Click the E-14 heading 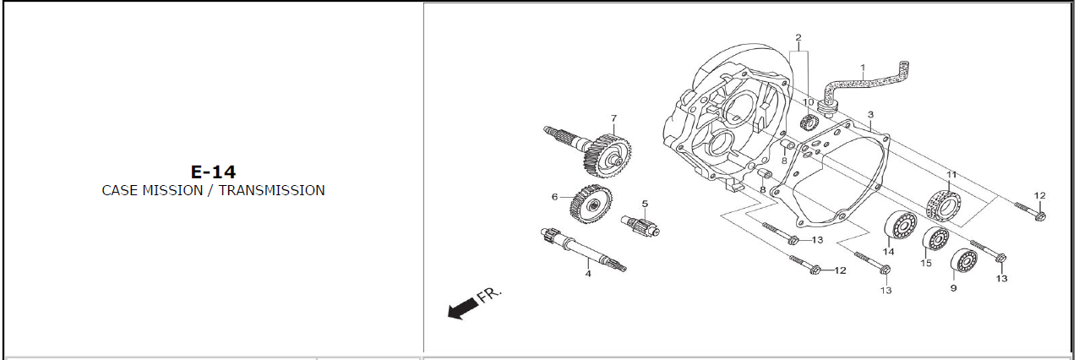click(x=213, y=172)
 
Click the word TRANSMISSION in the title click(x=272, y=190)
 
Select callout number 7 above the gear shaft click(x=613, y=118)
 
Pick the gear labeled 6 click(x=591, y=205)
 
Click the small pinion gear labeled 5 click(x=640, y=226)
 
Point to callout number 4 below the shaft click(x=588, y=274)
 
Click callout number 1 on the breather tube click(x=863, y=68)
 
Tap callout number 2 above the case click(x=798, y=37)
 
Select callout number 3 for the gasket click(x=870, y=115)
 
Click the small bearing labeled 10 click(x=809, y=123)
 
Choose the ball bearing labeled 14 click(x=901, y=225)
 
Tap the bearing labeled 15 click(x=936, y=238)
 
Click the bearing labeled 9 click(x=964, y=261)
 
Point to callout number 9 click(x=953, y=288)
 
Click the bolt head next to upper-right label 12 click(x=1039, y=215)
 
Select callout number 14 click(x=888, y=252)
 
